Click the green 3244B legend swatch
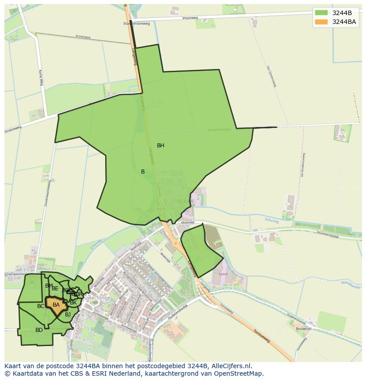pyautogui.click(x=321, y=12)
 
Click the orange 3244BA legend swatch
pyautogui.click(x=321, y=22)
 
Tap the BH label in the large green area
pyautogui.click(x=160, y=146)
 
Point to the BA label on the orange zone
pyautogui.click(x=56, y=305)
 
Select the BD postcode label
pyautogui.click(x=39, y=330)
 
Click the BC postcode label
pyautogui.click(x=41, y=306)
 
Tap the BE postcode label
pyautogui.click(x=55, y=289)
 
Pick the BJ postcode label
pyautogui.click(x=68, y=315)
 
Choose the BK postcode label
pyautogui.click(x=73, y=303)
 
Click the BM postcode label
pyautogui.click(x=49, y=286)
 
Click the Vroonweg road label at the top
pyautogui.click(x=189, y=19)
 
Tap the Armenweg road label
pyautogui.click(x=83, y=37)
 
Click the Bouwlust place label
pyautogui.click(x=304, y=329)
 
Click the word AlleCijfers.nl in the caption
pyautogui.click(x=230, y=366)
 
